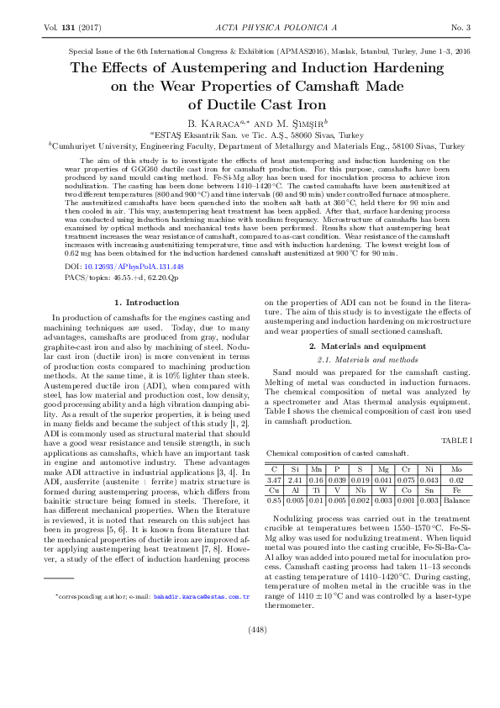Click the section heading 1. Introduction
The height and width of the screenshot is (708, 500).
147,301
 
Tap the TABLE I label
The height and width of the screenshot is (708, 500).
456,440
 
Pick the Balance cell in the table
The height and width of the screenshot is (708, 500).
455,499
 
